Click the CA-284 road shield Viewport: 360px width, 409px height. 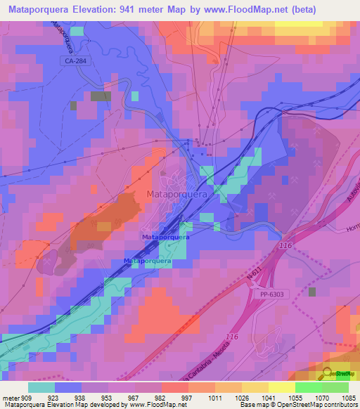click(72, 61)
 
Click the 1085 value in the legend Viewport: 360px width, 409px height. click(347, 398)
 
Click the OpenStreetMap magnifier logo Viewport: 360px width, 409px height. click(328, 373)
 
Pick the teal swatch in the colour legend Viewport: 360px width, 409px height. click(41, 387)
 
